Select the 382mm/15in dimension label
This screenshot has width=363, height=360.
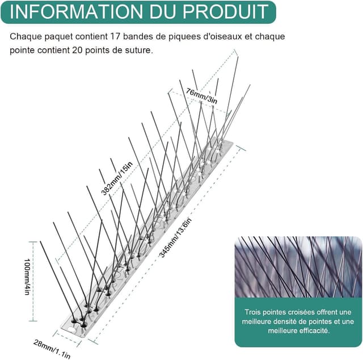tap(117, 179)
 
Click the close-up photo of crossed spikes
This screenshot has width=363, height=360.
tap(298, 266)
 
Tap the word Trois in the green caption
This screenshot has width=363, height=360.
tap(255, 312)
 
